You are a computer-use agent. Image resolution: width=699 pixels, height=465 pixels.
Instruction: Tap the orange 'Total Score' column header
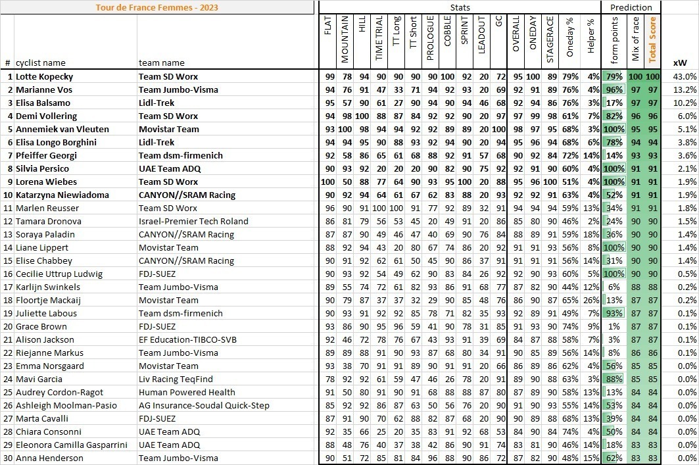coord(652,40)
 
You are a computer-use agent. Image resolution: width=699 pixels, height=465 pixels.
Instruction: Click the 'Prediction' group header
coord(631,7)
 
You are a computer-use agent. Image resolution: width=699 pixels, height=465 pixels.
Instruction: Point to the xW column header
coord(680,63)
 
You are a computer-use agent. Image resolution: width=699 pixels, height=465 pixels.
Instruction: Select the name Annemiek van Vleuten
coord(62,129)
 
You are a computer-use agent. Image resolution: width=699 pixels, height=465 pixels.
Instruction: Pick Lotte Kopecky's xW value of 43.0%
coord(684,76)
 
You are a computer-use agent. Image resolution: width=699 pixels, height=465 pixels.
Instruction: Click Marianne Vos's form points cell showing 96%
coord(614,89)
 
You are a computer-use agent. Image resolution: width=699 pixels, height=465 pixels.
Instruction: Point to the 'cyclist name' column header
coord(41,63)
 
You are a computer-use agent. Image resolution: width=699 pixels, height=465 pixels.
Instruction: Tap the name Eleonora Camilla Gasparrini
coord(72,445)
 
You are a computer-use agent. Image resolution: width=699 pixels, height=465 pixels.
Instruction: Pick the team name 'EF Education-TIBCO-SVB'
coord(187,339)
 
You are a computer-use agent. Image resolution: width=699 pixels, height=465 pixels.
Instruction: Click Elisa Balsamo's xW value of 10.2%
coord(684,103)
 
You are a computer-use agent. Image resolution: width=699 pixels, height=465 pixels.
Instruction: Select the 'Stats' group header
coord(460,7)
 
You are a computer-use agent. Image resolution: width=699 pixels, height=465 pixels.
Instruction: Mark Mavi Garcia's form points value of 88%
coord(614,379)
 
